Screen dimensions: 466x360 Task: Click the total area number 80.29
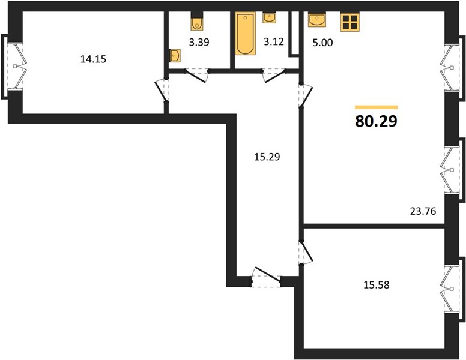click(376, 121)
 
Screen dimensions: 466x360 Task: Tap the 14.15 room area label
click(93, 59)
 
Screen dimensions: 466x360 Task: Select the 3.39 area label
click(199, 42)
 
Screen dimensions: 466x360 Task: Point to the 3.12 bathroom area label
click(274, 41)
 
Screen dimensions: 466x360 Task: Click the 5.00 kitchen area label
click(322, 43)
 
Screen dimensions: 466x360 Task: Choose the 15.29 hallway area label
click(267, 157)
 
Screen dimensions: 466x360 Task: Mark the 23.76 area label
click(423, 211)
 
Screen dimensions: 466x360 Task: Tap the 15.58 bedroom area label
click(377, 285)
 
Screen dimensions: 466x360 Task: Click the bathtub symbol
click(246, 33)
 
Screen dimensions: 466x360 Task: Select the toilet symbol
click(197, 22)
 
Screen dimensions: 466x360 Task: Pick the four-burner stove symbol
click(349, 22)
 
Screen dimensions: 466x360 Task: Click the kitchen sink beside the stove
click(317, 19)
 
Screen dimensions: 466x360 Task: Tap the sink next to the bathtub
click(269, 17)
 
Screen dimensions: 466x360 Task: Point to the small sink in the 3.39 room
click(175, 56)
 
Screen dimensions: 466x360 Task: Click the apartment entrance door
click(266, 277)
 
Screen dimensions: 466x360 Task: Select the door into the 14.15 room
click(162, 90)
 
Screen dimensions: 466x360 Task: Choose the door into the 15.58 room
click(306, 253)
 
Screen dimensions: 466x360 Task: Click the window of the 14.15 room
click(14, 67)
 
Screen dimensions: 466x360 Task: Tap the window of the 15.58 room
click(452, 289)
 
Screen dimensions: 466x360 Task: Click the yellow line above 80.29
click(377, 107)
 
